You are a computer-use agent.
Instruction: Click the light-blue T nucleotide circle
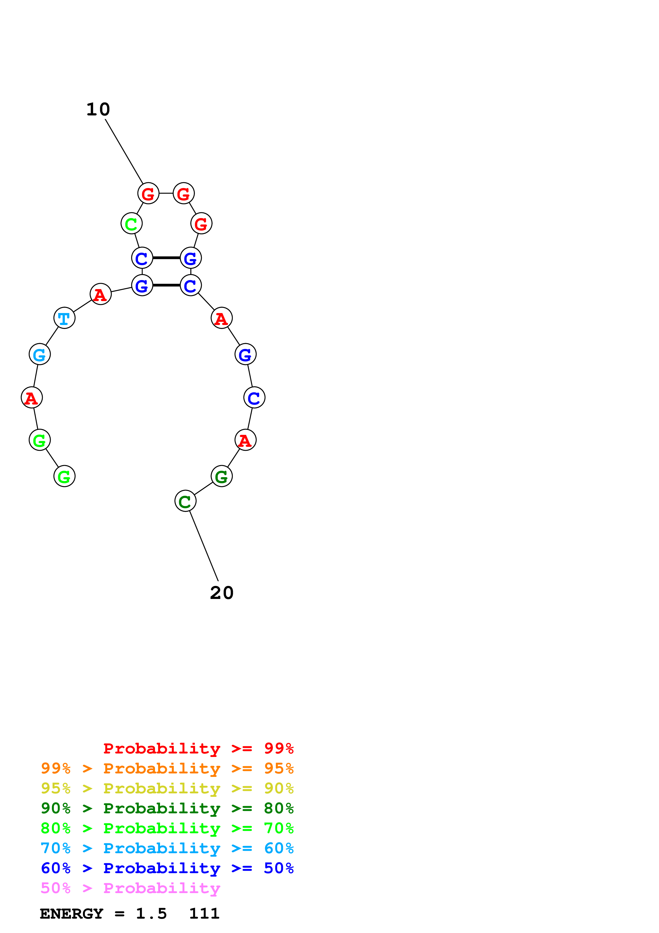(64, 318)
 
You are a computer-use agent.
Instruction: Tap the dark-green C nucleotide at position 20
(185, 501)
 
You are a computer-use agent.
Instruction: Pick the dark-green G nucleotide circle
(221, 476)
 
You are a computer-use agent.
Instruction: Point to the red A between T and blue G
(100, 294)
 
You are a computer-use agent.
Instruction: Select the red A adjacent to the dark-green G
(245, 440)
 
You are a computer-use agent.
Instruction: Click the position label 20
(222, 593)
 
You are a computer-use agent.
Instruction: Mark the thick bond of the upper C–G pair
(166, 258)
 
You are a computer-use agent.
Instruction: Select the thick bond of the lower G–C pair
(166, 285)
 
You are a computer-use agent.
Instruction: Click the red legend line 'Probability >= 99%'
(198, 748)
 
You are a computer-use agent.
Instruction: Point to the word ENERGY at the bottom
(72, 914)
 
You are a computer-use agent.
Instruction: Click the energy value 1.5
(151, 914)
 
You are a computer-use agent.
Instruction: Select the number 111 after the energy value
(204, 914)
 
